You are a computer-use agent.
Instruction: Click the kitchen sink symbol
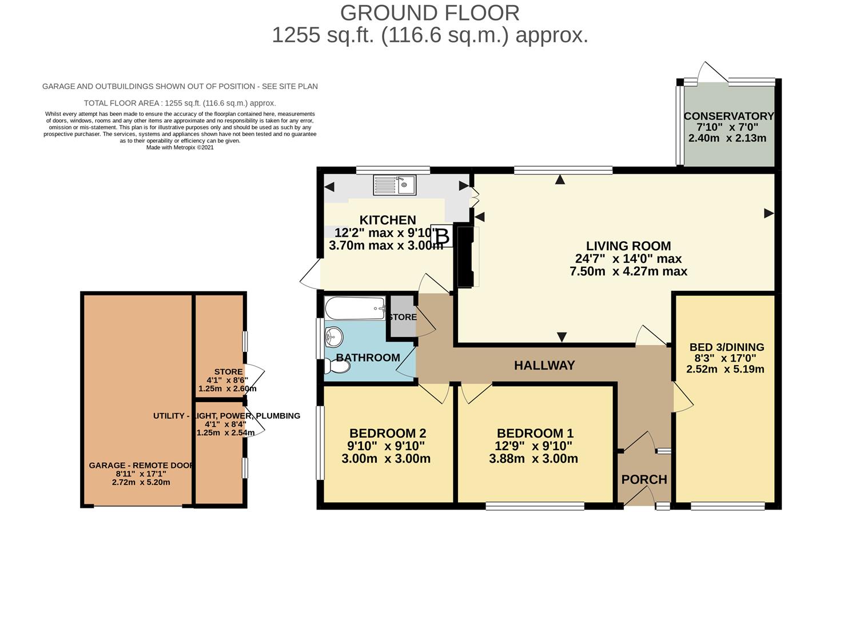tap(395, 185)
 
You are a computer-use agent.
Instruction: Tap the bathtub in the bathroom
tap(355, 308)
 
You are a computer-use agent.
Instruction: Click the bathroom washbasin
tap(333, 338)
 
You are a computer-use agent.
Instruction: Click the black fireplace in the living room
tap(465, 257)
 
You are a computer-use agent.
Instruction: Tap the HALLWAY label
tap(544, 366)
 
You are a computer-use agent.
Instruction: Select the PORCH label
tap(644, 479)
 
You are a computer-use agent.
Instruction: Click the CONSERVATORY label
tap(728, 116)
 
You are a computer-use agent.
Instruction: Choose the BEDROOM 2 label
tap(388, 434)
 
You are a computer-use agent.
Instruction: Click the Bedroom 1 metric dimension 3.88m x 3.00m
tap(533, 459)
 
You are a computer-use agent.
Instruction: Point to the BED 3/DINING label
tap(726, 347)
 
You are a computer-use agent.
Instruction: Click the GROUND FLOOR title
tap(429, 13)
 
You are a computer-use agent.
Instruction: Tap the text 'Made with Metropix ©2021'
tap(180, 147)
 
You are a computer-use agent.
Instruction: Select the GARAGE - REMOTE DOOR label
tap(141, 466)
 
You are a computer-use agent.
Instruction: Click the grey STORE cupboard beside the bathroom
tap(402, 316)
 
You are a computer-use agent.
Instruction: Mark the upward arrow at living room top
tap(560, 180)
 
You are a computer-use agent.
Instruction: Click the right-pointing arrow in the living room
tap(769, 213)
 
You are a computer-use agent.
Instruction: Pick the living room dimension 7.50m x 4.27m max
tap(628, 271)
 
